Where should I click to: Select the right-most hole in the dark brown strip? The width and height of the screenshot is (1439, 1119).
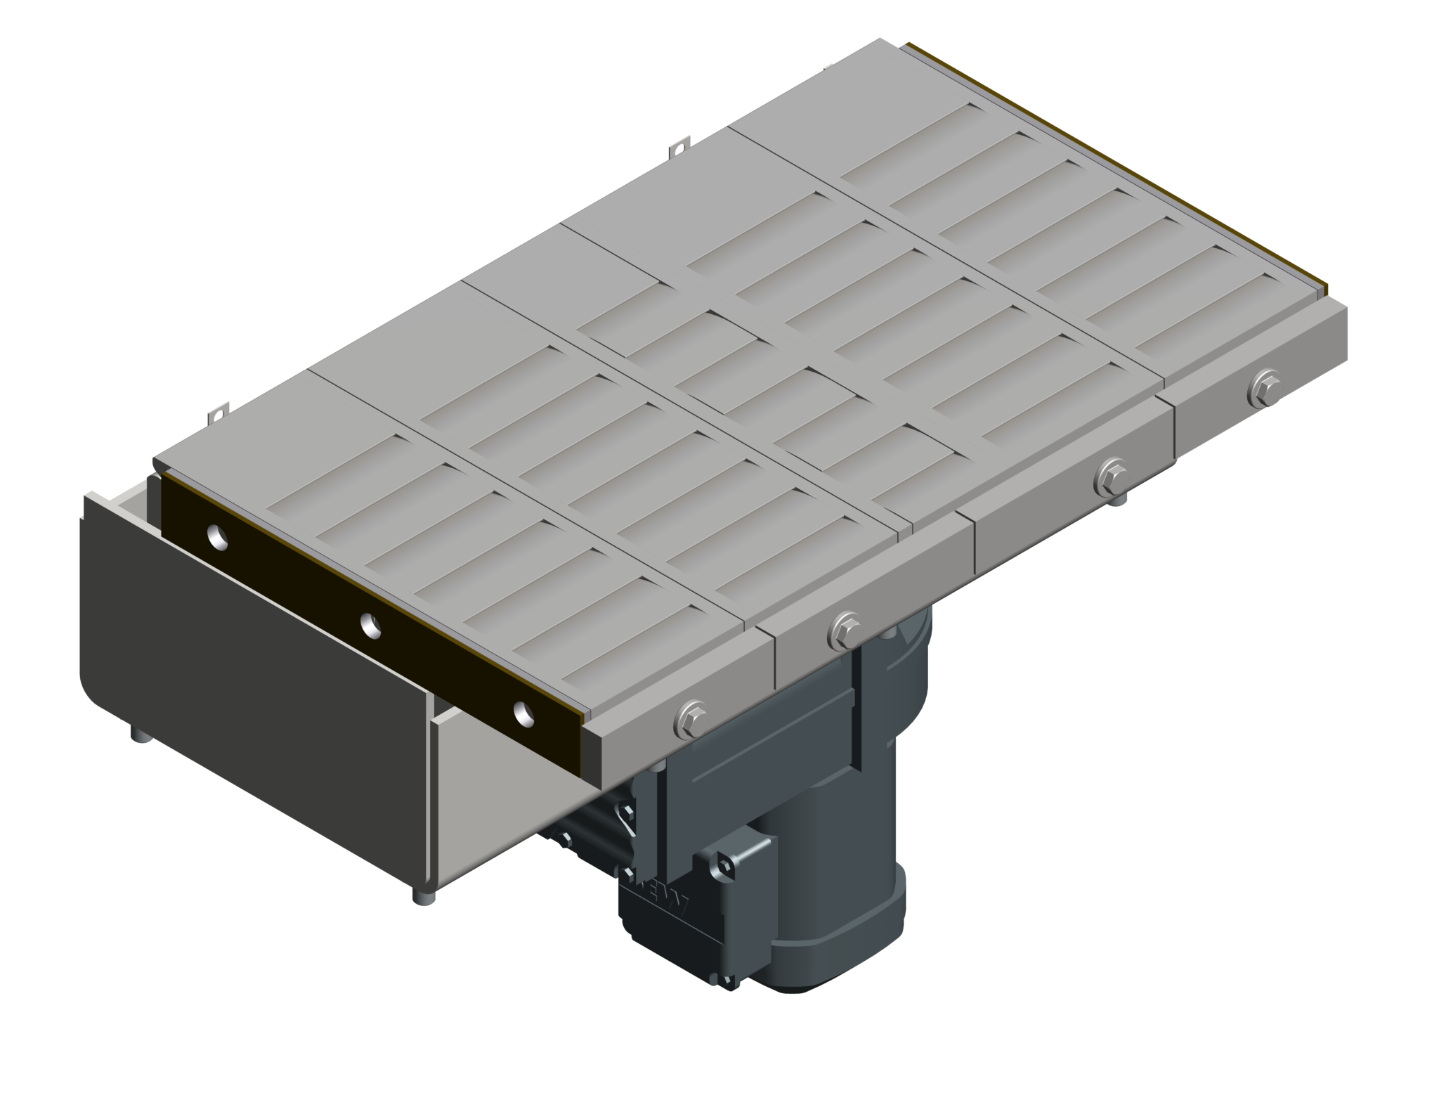tap(523, 713)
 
